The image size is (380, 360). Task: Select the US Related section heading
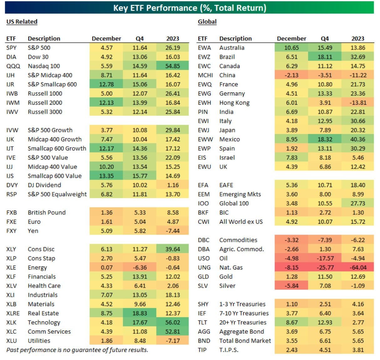pyautogui.click(x=22, y=22)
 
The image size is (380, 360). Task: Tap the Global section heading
pyautogui.click(x=207, y=22)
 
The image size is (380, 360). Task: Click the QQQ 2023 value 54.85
pyautogui.click(x=172, y=66)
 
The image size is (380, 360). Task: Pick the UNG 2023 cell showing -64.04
pyautogui.click(x=358, y=267)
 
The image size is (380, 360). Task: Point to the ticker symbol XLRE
pyautogui.click(x=13, y=313)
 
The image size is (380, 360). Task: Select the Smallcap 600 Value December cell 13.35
pyautogui.click(x=106, y=176)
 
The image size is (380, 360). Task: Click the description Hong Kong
pyautogui.click(x=234, y=103)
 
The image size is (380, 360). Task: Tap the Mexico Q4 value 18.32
pyautogui.click(x=325, y=139)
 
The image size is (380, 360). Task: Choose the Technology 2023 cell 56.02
pyautogui.click(x=172, y=322)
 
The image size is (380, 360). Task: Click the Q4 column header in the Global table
pyautogui.click(x=325, y=39)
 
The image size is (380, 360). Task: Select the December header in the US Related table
pyautogui.click(x=106, y=39)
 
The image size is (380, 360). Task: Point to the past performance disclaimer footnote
pyautogui.click(x=77, y=350)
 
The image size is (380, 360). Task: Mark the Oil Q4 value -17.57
pyautogui.click(x=325, y=258)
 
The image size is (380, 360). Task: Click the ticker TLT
pyautogui.click(x=203, y=322)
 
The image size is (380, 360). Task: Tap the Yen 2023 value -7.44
pyautogui.click(x=172, y=231)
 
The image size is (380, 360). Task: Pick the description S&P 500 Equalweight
pyautogui.click(x=57, y=194)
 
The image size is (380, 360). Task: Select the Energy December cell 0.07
pyautogui.click(x=106, y=267)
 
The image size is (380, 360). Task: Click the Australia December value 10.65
pyautogui.click(x=291, y=48)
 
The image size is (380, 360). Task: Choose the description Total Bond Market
pyautogui.click(x=245, y=341)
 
